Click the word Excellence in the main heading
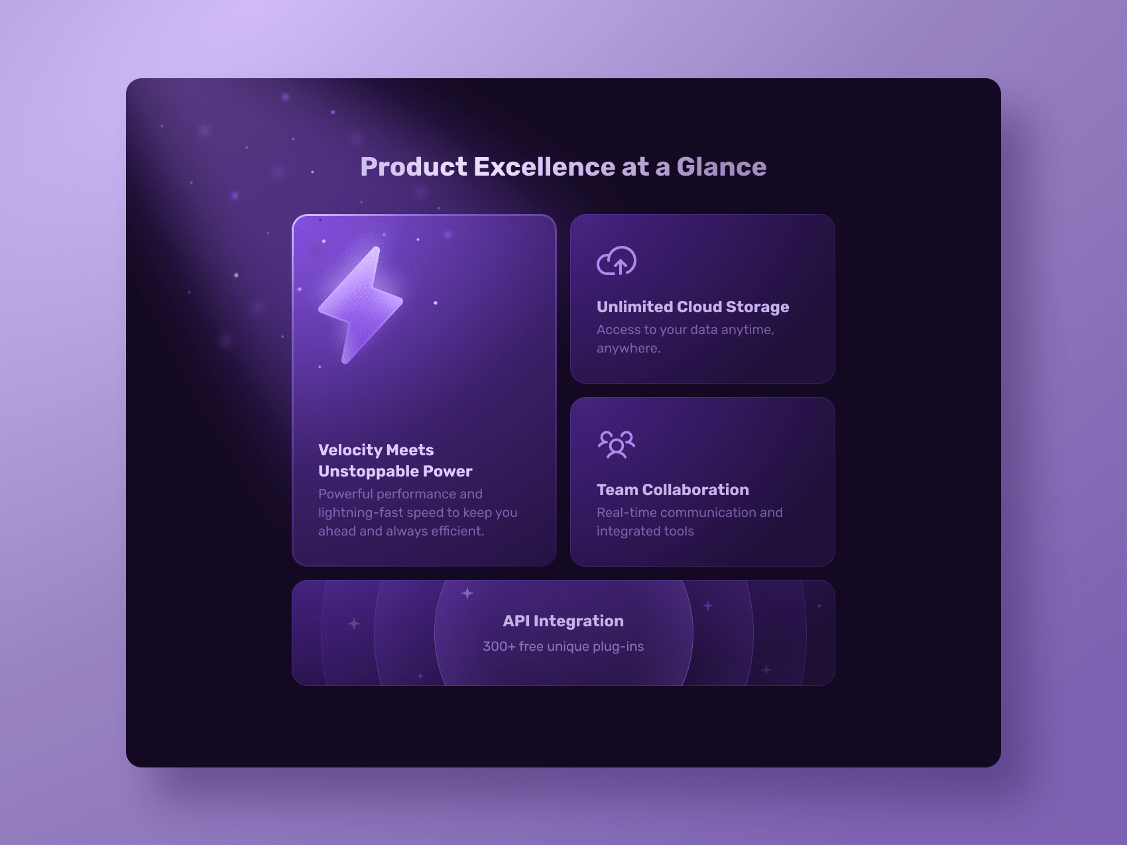tap(545, 167)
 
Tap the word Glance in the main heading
tap(721, 167)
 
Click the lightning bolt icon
tap(360, 306)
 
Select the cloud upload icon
tap(617, 260)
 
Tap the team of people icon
tap(617, 444)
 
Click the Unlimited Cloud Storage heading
tap(693, 307)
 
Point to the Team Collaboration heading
tap(673, 490)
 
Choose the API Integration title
tap(563, 621)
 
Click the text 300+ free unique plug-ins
tap(563, 646)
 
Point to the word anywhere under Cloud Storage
tap(628, 349)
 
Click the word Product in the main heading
tap(414, 167)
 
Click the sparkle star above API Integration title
tap(467, 593)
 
